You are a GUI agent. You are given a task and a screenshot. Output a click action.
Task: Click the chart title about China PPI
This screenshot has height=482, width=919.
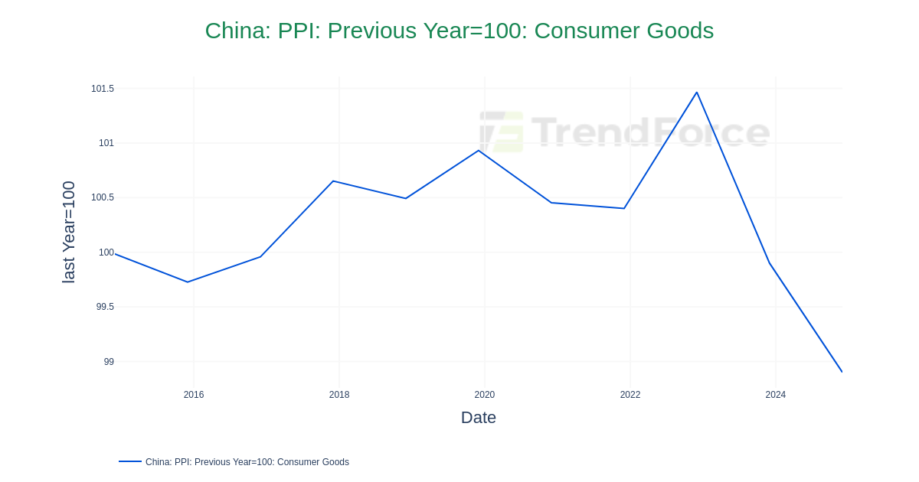[459, 31]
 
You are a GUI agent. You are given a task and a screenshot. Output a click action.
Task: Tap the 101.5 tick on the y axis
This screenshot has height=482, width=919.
[103, 89]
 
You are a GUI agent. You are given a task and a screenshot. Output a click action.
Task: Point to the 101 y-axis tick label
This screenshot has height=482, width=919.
[106, 143]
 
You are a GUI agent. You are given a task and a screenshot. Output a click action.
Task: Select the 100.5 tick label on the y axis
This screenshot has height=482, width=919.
[103, 197]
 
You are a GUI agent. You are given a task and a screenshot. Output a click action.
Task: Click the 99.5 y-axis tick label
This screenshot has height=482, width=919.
[105, 307]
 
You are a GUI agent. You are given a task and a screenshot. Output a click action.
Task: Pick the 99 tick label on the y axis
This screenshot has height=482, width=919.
[109, 362]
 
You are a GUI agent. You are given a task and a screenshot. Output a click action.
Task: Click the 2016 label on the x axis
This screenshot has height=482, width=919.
[194, 395]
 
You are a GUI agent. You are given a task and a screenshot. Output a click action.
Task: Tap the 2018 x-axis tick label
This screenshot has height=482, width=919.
[339, 395]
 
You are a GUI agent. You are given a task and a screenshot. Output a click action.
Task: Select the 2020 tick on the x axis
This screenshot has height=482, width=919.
[485, 395]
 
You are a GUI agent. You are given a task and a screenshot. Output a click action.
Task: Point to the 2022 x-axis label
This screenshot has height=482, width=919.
[630, 395]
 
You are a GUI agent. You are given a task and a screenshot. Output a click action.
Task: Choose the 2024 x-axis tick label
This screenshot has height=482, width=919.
[776, 395]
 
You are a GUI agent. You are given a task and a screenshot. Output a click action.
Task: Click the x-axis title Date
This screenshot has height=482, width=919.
[479, 418]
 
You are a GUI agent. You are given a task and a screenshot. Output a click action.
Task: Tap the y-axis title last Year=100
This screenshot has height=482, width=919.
[69, 232]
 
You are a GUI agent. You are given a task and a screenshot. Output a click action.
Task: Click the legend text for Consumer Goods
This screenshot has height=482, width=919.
[247, 462]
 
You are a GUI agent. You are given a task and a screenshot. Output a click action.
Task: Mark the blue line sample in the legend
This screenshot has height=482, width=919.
[130, 461]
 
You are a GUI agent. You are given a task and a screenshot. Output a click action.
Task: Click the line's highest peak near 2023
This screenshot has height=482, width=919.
[696, 93]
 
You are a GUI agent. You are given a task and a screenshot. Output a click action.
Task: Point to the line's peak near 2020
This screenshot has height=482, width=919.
[479, 151]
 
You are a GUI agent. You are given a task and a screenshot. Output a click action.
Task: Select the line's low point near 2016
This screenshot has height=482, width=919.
[188, 282]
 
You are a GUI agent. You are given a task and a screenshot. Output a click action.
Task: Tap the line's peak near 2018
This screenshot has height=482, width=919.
[333, 181]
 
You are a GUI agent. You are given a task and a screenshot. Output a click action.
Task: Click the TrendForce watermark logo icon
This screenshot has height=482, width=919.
[502, 132]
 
